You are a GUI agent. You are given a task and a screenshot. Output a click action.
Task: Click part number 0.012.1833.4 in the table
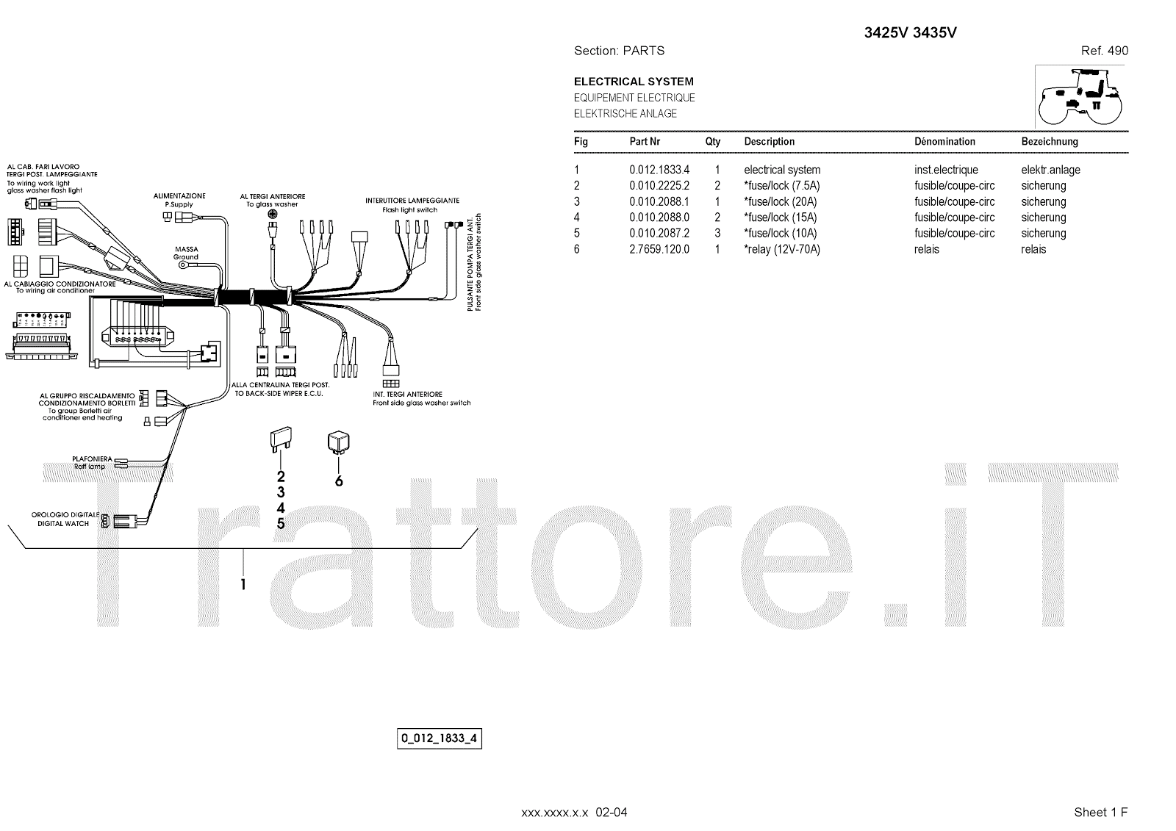[659, 170]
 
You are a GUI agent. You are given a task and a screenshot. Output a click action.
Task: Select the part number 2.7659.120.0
[659, 250]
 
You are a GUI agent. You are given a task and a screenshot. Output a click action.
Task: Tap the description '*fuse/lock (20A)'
[780, 202]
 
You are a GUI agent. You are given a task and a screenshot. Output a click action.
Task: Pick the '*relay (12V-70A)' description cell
[781, 250]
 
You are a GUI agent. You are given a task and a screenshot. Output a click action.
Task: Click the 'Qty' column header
[712, 142]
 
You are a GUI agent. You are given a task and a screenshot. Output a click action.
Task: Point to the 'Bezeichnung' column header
[1049, 142]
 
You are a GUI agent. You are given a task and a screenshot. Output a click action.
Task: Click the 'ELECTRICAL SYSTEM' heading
[633, 82]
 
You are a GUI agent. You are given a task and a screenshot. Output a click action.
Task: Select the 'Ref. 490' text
[1104, 51]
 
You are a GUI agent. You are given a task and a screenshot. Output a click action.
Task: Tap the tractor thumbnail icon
[1080, 96]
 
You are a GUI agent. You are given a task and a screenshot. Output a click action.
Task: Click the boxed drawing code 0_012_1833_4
[439, 738]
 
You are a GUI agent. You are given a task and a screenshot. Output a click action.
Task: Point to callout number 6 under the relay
[339, 481]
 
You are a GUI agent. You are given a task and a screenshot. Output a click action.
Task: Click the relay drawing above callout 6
[338, 442]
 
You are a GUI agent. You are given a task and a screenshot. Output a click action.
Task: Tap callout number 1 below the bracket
[243, 585]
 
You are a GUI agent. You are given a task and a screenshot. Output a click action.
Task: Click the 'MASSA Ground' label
[186, 253]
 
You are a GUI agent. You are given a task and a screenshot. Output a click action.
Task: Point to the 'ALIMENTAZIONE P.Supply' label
[179, 200]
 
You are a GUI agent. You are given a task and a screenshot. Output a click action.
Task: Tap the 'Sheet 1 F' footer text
[1100, 812]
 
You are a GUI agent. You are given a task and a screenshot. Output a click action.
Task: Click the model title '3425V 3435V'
[909, 33]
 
